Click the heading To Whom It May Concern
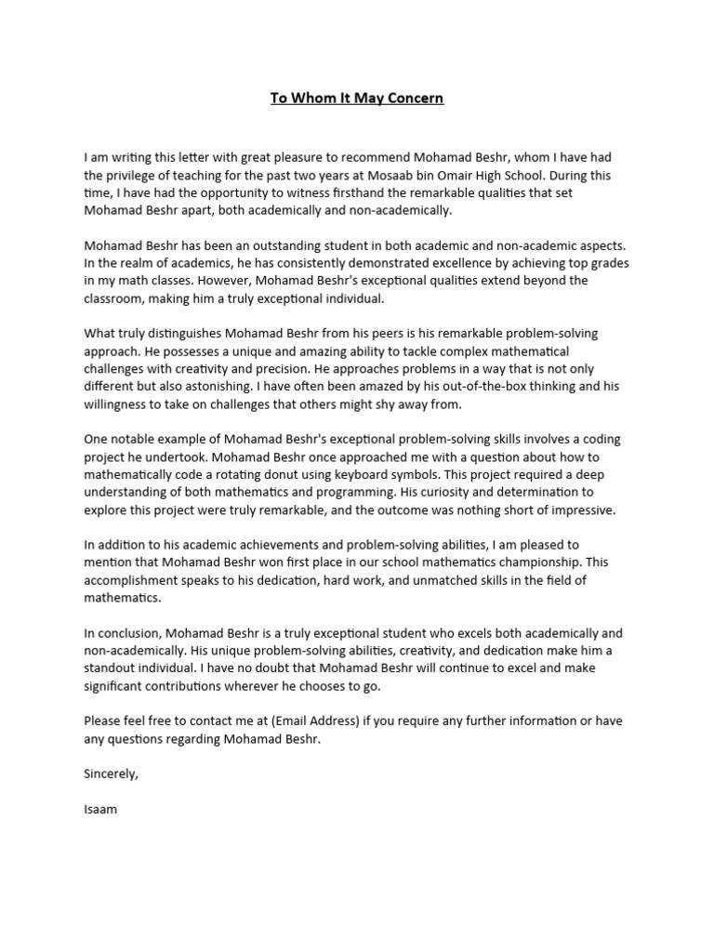click(x=357, y=98)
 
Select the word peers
click(x=370, y=334)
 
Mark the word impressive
click(x=579, y=509)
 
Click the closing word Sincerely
click(x=111, y=773)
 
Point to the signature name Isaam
click(x=100, y=809)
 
